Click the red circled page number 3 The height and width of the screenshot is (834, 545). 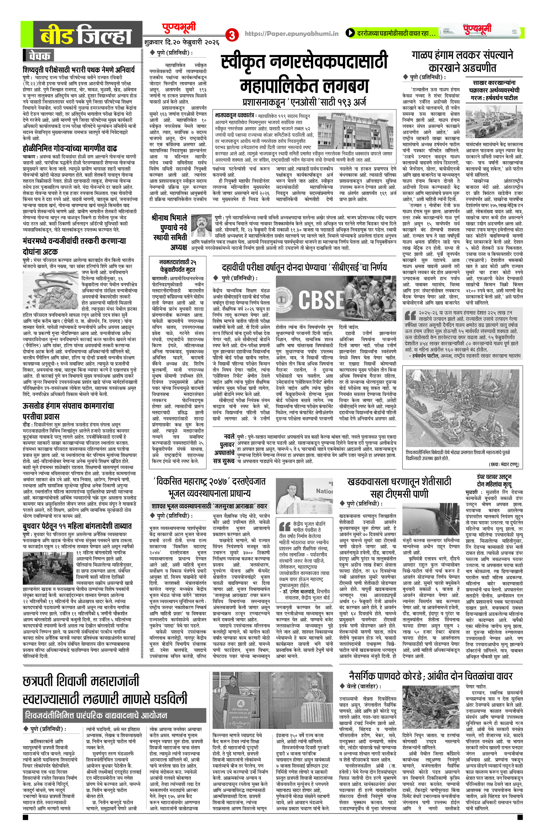click(x=232, y=35)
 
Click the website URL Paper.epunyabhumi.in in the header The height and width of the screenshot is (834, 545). click(x=291, y=34)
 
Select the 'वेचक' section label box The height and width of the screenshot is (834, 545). click(x=39, y=55)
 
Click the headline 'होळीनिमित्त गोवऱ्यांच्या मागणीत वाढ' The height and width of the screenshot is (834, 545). click(x=70, y=148)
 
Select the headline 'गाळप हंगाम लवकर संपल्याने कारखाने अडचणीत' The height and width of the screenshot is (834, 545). click(x=462, y=61)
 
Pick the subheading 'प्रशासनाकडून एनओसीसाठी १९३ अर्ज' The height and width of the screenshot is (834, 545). click(x=304, y=102)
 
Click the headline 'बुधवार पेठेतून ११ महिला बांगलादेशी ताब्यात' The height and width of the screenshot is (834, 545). click(x=77, y=526)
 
